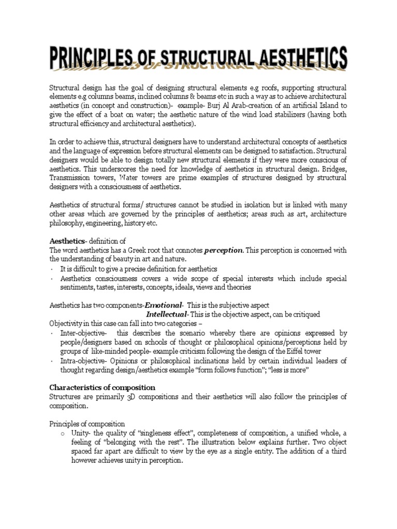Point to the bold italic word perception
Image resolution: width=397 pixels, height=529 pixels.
click(x=223, y=251)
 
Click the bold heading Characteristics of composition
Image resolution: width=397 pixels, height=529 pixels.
click(x=102, y=387)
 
